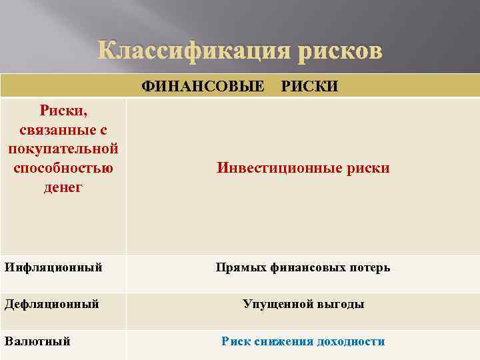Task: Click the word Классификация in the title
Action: (186, 51)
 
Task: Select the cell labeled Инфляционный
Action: (53, 267)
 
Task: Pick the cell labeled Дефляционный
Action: (52, 304)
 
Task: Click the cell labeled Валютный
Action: (37, 341)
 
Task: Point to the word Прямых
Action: (241, 268)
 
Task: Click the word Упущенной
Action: (274, 305)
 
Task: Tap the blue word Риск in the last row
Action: (235, 341)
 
